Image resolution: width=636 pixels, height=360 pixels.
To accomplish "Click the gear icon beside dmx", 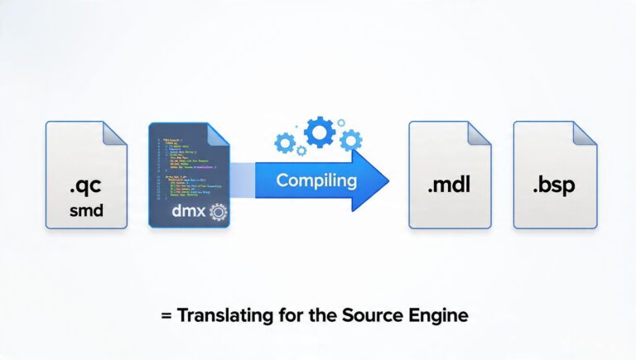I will tap(218, 212).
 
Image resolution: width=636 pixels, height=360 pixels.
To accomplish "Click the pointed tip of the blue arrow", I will tap(387, 179).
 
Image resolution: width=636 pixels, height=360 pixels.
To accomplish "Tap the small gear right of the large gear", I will tap(350, 139).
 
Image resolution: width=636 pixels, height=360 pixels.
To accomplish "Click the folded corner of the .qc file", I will tap(114, 134).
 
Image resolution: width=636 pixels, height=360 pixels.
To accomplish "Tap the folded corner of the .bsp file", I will tap(583, 134).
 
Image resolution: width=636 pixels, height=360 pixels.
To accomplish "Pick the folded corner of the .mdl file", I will tap(479, 134).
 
